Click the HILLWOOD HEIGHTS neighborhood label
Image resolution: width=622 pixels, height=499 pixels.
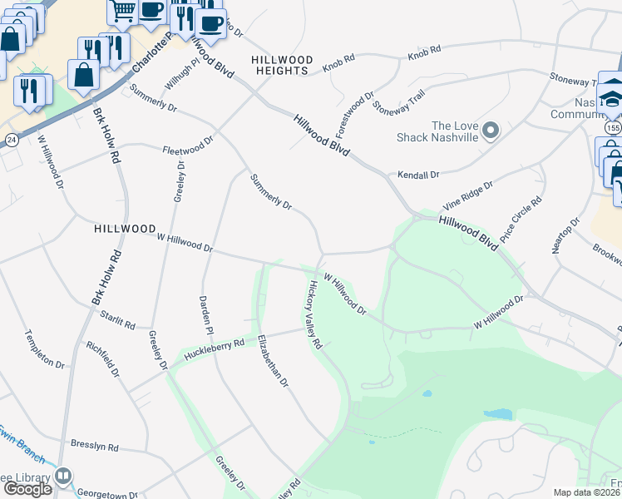pyautogui.click(x=283, y=66)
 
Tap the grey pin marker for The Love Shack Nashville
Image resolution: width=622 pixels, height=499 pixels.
pyautogui.click(x=491, y=131)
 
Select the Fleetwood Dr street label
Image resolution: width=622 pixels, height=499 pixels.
pyautogui.click(x=188, y=146)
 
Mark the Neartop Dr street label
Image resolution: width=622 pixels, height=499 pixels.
pyautogui.click(x=565, y=239)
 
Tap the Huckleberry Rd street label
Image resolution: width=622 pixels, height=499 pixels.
pyautogui.click(x=215, y=348)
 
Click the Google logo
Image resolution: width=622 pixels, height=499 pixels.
pyautogui.click(x=27, y=489)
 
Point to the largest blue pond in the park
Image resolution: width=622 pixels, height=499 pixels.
pyautogui.click(x=497, y=413)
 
